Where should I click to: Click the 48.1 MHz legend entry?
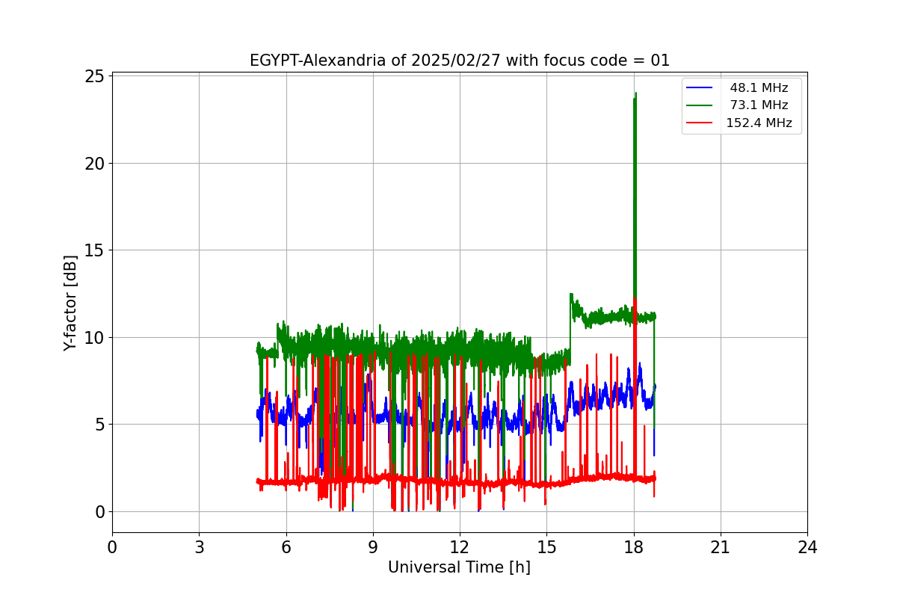(x=759, y=88)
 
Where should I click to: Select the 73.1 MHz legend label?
(x=759, y=105)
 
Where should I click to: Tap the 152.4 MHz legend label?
(x=759, y=123)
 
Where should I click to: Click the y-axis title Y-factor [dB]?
(x=70, y=303)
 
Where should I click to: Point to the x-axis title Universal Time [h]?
(x=459, y=567)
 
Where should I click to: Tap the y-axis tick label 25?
(x=95, y=76)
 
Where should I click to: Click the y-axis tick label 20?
(x=95, y=163)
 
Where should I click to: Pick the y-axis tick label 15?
(x=95, y=250)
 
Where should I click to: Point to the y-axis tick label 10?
(x=95, y=337)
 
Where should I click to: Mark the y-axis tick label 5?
(x=100, y=425)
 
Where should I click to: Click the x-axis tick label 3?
(x=199, y=547)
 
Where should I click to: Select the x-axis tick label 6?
(x=286, y=547)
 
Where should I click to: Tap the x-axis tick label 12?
(x=460, y=547)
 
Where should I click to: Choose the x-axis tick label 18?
(x=634, y=547)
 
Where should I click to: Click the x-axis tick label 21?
(x=721, y=547)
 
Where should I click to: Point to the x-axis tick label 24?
(x=807, y=547)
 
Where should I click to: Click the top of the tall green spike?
(x=635, y=93)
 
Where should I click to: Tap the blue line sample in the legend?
(x=699, y=88)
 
